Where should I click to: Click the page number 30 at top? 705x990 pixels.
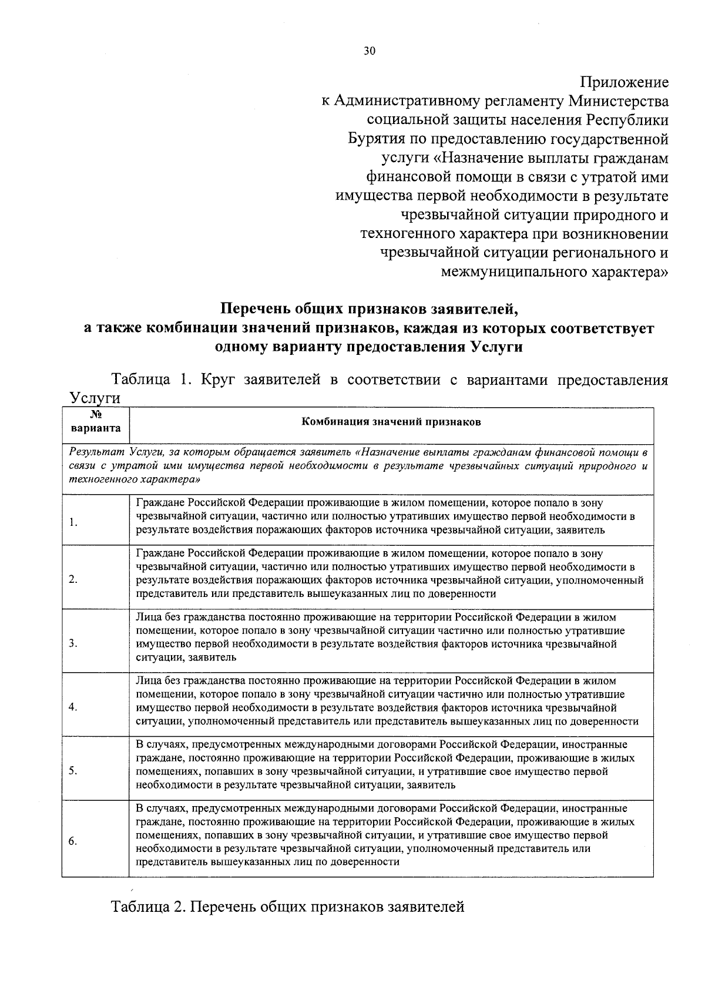369,51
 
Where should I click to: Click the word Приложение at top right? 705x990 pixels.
625,82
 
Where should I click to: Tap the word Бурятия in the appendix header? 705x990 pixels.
374,139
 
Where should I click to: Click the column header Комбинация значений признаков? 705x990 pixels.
391,422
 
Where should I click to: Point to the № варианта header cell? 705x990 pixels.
95,422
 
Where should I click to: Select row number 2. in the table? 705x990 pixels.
72,580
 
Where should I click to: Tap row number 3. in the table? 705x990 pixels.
72,643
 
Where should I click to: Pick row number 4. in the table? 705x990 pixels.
72,707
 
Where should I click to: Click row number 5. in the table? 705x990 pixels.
72,771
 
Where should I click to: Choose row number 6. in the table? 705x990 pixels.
72,841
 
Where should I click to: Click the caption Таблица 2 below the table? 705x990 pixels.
149,907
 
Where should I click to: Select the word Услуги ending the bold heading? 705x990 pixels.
496,347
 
